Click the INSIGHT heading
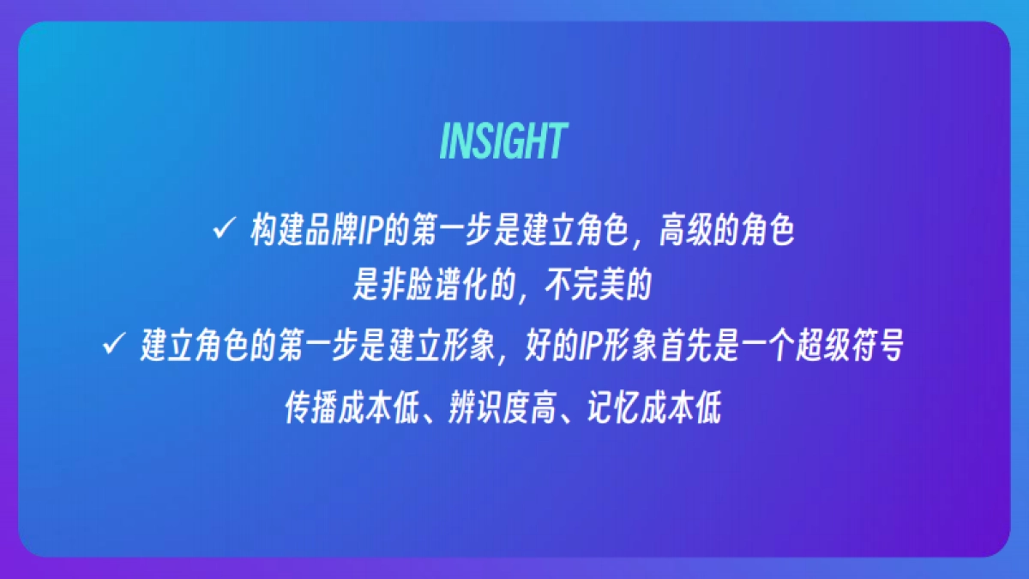(x=503, y=142)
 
